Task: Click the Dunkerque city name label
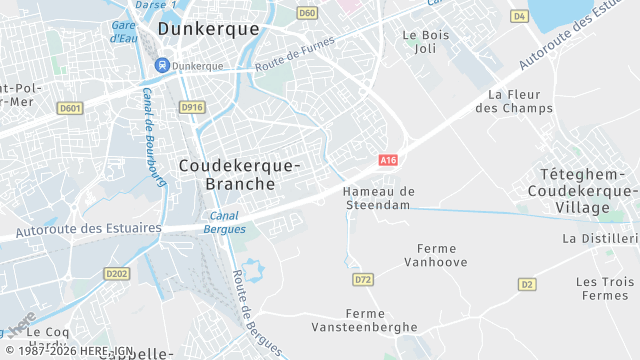point(208,29)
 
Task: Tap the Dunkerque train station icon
point(161,66)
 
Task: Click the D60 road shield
point(307,13)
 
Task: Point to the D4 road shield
point(518,16)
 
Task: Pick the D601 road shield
point(69,108)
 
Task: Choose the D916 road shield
point(191,107)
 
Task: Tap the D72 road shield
point(363,280)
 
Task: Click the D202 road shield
point(117,273)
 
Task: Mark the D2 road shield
point(526,284)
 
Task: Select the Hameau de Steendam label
point(378,197)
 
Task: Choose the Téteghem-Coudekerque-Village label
point(582,190)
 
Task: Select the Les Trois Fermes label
point(604,288)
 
